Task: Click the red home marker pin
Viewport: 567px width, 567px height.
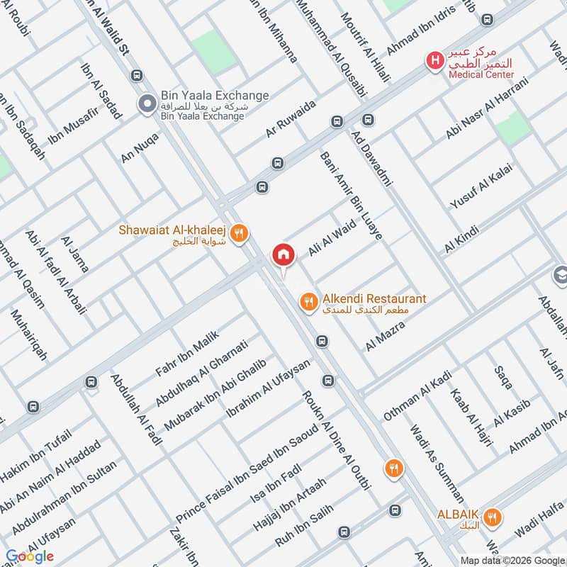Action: [x=283, y=254]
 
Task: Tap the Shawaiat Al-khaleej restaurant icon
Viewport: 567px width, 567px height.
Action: [x=240, y=230]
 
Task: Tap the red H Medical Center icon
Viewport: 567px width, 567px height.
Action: [x=432, y=61]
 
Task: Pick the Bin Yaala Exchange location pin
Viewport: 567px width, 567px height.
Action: [x=147, y=105]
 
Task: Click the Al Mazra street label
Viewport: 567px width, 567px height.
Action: [x=385, y=335]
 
